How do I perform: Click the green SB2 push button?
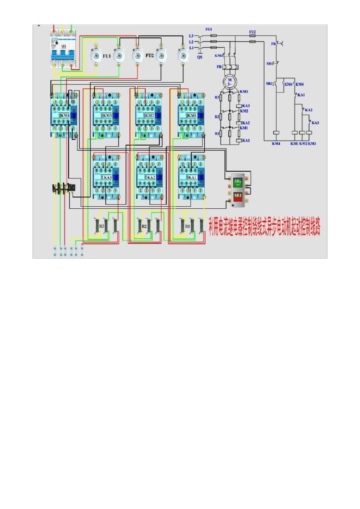(238, 182)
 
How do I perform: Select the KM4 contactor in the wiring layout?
(63, 115)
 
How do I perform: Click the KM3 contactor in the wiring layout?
(106, 115)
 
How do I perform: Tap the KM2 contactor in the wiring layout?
(149, 115)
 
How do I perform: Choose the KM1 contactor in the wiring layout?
(191, 115)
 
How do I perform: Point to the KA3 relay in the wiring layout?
(106, 177)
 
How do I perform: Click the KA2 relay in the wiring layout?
(150, 177)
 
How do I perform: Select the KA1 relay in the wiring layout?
(192, 177)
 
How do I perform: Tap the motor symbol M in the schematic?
(229, 81)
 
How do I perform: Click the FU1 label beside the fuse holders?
(107, 56)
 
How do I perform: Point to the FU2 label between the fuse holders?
(150, 55)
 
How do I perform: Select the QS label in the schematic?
(200, 57)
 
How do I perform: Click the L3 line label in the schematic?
(191, 36)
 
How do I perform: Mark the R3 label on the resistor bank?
(102, 226)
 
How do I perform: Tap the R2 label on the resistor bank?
(144, 226)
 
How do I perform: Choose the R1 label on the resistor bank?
(187, 226)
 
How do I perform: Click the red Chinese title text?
(265, 227)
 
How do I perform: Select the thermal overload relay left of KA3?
(64, 187)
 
